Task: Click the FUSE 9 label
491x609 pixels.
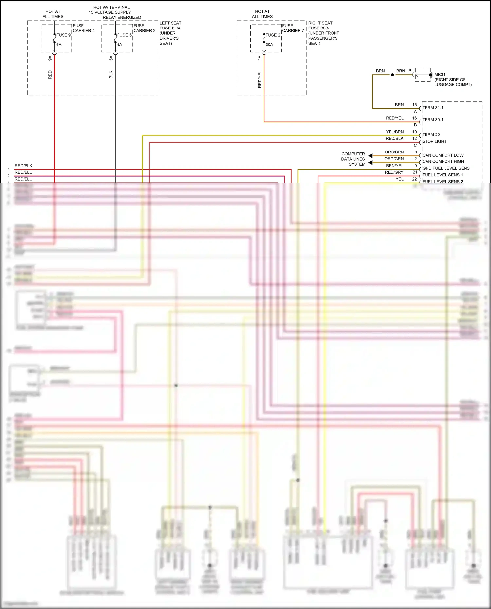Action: pos(63,35)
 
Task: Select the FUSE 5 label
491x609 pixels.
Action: pos(124,35)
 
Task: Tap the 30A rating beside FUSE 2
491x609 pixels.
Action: pos(269,45)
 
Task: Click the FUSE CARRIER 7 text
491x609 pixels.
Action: pos(293,28)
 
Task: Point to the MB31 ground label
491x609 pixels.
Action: pos(440,75)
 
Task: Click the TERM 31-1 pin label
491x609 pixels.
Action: pos(433,108)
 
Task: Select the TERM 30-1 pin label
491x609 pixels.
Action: pos(433,120)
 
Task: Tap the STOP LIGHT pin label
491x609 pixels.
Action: pos(434,141)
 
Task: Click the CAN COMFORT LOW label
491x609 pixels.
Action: pos(443,155)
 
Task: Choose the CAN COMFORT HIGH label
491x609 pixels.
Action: pos(443,161)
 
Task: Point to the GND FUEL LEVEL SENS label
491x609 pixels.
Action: pos(446,168)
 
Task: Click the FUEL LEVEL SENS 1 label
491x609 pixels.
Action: pos(442,175)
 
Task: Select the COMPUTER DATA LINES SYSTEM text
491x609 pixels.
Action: pos(353,159)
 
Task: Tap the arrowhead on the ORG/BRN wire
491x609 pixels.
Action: pos(370,156)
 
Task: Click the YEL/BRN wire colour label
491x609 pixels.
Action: pos(395,132)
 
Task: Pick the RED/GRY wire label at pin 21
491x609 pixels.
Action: pos(394,172)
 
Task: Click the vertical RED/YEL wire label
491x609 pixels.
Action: pos(260,79)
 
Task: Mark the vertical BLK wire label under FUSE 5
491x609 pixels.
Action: pos(111,75)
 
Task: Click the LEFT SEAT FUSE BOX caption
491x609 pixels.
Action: pos(170,33)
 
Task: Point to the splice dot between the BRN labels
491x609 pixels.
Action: pos(392,75)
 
